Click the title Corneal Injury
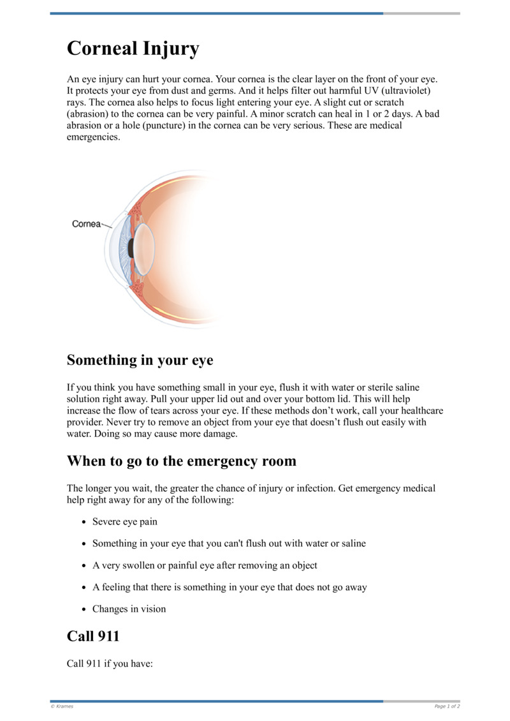click(133, 49)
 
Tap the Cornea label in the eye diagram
click(86, 224)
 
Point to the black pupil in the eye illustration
click(131, 248)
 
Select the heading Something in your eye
click(140, 360)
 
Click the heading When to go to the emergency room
click(181, 461)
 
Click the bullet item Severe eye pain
click(124, 521)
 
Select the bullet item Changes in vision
click(129, 609)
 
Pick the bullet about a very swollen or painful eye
click(204, 565)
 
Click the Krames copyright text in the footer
click(62, 706)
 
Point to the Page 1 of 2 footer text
click(447, 706)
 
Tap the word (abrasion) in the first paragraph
click(89, 114)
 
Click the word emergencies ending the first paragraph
click(93, 137)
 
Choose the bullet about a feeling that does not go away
click(229, 587)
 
